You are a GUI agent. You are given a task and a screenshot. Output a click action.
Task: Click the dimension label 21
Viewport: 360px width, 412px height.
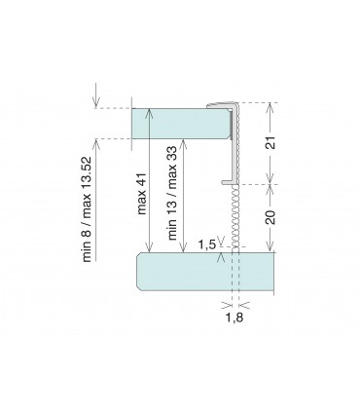[x=271, y=142]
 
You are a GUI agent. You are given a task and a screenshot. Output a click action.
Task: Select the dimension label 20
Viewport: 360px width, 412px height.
[x=270, y=217]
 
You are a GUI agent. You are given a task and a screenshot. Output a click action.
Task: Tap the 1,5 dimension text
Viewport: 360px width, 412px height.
[x=207, y=244]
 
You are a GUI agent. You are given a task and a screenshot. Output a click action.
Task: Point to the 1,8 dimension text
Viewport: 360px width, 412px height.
[x=234, y=318]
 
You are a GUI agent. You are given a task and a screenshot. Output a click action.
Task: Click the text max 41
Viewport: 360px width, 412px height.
[x=142, y=193]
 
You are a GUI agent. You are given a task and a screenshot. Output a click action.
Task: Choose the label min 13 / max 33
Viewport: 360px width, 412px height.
[x=172, y=193]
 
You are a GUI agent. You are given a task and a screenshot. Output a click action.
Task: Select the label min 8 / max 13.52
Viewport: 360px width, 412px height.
[x=88, y=209]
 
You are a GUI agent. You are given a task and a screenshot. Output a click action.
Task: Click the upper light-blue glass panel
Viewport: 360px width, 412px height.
[x=181, y=124]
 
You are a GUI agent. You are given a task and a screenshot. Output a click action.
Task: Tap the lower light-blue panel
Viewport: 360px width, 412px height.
[x=205, y=271]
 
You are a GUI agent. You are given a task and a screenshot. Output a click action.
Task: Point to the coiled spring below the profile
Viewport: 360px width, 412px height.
[x=235, y=217]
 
